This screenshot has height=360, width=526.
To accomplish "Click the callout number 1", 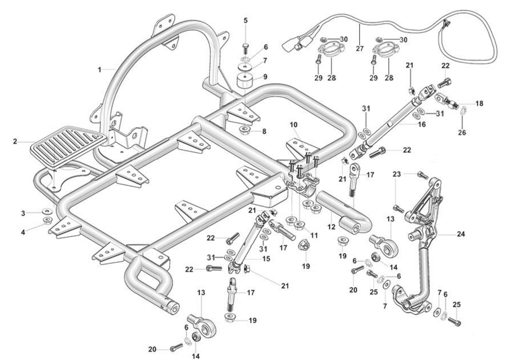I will pos(100,69).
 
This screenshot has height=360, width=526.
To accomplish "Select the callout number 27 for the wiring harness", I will pos(359,48).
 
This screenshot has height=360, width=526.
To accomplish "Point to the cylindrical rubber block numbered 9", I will pos(245,81).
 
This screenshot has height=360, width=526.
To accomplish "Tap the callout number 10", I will pos(294,125).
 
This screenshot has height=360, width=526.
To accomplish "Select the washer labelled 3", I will pos(47,211).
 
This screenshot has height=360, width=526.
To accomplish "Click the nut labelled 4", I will pos(47,220).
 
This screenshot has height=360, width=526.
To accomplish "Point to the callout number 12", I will pos(332,227).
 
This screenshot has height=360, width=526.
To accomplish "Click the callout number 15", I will pos(266,259).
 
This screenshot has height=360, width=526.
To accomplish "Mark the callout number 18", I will pos(479,103).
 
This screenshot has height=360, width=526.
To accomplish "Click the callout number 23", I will pos(397,174).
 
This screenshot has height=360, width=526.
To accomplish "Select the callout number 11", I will pos(314,235).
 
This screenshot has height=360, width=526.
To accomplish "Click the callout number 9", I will pos(265,77).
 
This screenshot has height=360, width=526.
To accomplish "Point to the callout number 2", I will pos(15,141).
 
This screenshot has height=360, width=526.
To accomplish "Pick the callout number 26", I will pos(462,132).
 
